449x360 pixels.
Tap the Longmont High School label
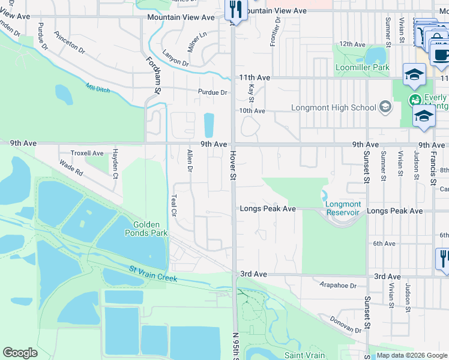pyautogui.click(x=333, y=108)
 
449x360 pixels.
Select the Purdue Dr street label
pyautogui.click(x=213, y=92)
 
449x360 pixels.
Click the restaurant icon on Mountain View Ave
pyautogui.click(x=235, y=10)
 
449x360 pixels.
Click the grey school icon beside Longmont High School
pyautogui.click(x=385, y=108)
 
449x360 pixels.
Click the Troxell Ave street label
pyautogui.click(x=87, y=153)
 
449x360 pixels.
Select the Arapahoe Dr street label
pyautogui.click(x=338, y=286)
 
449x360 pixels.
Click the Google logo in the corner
pyautogui.click(x=20, y=353)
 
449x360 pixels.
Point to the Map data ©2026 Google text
pyautogui.click(x=411, y=355)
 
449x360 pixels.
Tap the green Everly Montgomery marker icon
pyautogui.click(x=414, y=99)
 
